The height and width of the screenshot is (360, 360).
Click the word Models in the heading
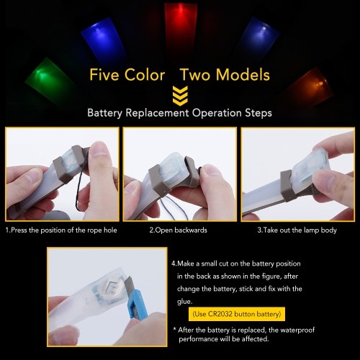(243, 75)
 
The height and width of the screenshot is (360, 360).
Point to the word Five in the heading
(104, 75)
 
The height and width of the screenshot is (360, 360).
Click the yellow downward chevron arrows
(180, 96)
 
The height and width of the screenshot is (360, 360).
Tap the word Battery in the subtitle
(105, 113)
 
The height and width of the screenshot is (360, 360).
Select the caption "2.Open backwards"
(179, 230)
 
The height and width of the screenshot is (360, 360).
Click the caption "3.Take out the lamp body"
(297, 230)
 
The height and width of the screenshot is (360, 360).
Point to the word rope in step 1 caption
(94, 230)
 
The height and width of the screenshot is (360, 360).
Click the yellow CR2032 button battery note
(237, 314)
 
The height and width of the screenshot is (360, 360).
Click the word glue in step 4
(184, 302)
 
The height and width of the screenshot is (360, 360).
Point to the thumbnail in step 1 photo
(99, 149)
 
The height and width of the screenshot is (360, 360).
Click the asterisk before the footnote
(175, 329)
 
